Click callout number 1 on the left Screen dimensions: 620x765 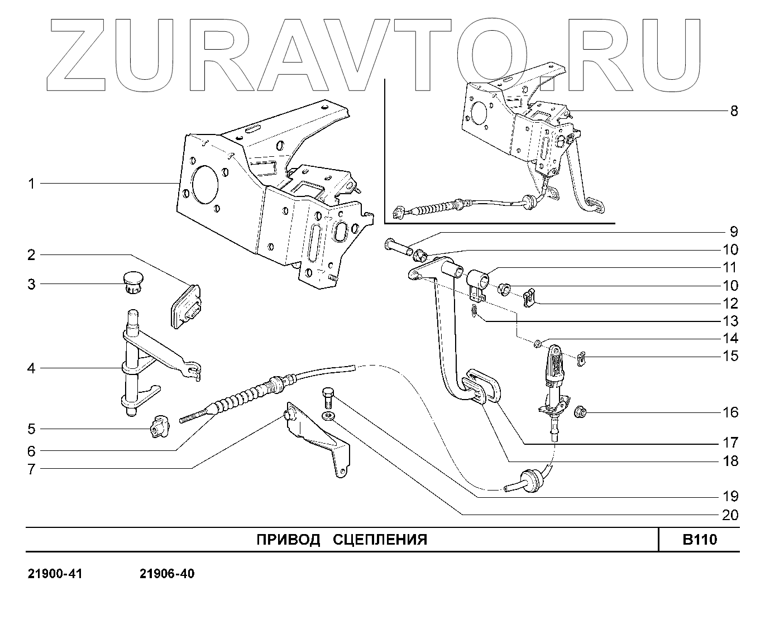coord(32,184)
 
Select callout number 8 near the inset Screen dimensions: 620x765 coord(734,110)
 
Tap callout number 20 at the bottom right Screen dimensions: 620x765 coord(730,515)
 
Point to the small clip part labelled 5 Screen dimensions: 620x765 coord(158,427)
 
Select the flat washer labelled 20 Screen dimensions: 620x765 coord(329,416)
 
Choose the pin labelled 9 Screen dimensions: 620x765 coord(397,246)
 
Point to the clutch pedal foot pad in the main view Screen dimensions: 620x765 coord(481,385)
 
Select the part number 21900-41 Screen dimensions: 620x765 coord(55,574)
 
